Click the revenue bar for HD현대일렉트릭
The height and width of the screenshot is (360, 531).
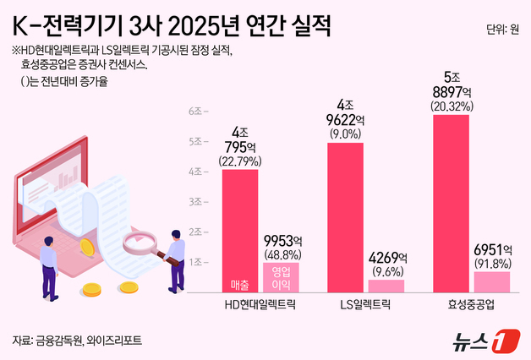pos(239,228)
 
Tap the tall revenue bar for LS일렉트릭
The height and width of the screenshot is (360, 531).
pos(344,215)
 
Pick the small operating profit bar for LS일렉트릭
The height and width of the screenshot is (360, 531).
pos(386,285)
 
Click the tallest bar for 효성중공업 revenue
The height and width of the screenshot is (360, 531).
pos(451,203)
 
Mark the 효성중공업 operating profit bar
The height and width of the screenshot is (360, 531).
pos(491,281)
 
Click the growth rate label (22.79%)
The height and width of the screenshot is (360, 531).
pos(240,161)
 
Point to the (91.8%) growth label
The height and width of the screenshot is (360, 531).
pos(492,263)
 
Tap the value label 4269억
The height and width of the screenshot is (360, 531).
pos(386,258)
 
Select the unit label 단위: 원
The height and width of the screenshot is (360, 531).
pos(502,30)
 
